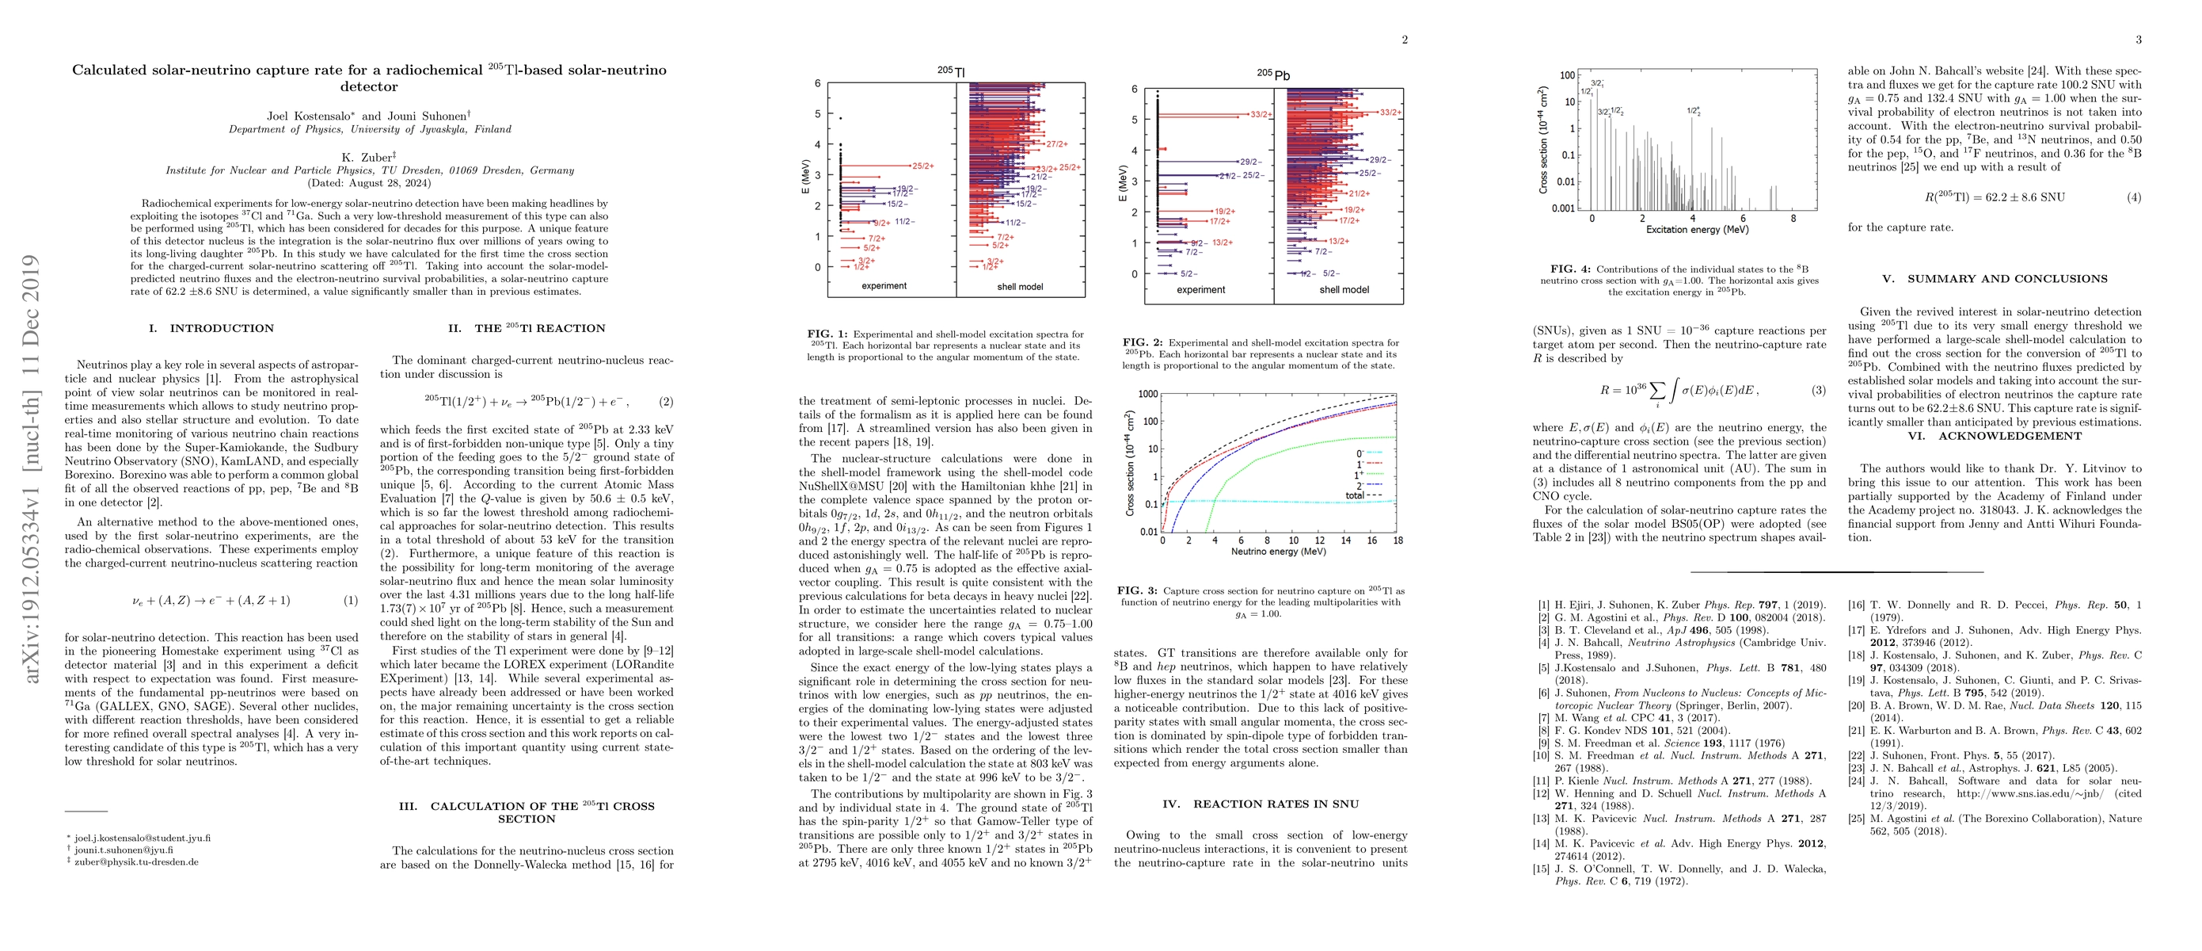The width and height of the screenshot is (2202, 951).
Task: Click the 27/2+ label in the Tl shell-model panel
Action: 1056,143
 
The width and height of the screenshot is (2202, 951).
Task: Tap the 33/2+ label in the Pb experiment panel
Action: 1261,115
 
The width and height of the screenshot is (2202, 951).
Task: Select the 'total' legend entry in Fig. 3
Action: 1355,495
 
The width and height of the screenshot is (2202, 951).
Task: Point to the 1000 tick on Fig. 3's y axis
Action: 1147,394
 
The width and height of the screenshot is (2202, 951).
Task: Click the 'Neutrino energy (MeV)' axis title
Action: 1278,552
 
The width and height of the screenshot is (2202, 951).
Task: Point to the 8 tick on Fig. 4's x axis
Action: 1793,218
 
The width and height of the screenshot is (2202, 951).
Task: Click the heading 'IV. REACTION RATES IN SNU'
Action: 1261,804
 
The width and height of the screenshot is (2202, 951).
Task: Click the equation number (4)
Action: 2134,197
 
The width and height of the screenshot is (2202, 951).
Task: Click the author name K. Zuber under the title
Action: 368,158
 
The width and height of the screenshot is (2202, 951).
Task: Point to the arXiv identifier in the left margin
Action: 31,468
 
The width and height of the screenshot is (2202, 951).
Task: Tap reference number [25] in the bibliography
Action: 1856,819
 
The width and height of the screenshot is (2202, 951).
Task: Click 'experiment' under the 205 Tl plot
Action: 884,285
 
